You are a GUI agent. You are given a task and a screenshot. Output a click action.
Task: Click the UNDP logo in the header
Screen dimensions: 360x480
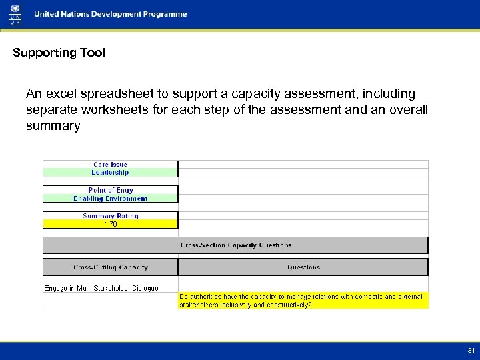click(15, 14)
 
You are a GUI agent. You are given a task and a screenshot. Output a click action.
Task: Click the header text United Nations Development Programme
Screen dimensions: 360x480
click(111, 15)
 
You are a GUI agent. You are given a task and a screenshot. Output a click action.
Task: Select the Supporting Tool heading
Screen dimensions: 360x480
click(59, 53)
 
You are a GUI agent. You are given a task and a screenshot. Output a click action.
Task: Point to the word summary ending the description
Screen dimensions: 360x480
click(53, 126)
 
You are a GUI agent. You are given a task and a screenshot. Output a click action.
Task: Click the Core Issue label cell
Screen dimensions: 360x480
click(110, 165)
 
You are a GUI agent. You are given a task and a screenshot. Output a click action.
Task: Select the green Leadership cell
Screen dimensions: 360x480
click(110, 173)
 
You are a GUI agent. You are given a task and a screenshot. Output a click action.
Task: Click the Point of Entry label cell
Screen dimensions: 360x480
click(110, 190)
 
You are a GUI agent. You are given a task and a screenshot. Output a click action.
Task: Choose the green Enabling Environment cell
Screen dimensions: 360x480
click(110, 199)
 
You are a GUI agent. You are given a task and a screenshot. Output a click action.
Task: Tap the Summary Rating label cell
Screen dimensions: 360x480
click(110, 216)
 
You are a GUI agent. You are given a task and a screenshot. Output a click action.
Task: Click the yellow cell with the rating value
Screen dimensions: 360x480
click(110, 225)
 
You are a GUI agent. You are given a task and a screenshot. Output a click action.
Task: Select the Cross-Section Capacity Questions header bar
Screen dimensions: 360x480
click(235, 245)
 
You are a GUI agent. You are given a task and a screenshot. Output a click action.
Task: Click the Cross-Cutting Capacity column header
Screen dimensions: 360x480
click(110, 267)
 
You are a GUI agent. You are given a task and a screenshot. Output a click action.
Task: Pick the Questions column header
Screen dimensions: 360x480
click(303, 267)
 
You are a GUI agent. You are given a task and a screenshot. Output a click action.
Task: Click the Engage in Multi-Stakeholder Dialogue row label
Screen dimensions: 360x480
click(101, 288)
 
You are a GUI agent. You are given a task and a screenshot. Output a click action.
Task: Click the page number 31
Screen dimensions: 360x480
click(471, 351)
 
